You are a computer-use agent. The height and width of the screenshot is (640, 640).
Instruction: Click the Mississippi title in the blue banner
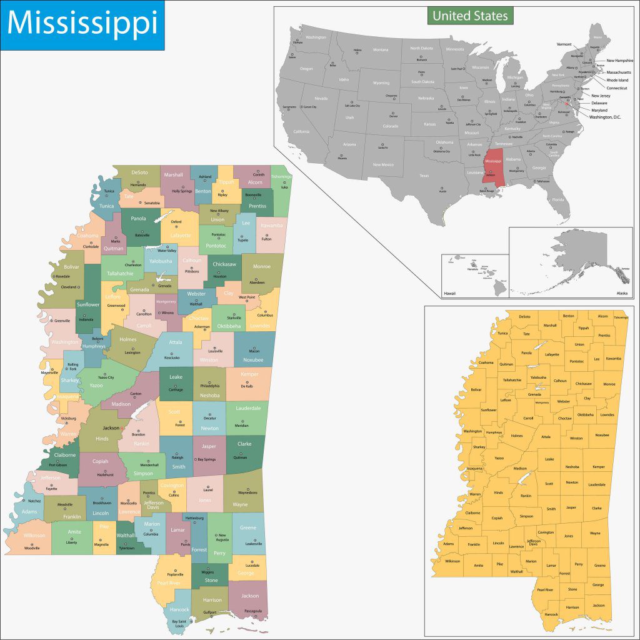[x=82, y=24]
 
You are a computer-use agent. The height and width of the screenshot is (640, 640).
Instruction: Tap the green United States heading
[x=470, y=16]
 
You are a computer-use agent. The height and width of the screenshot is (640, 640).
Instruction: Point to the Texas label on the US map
[x=424, y=176]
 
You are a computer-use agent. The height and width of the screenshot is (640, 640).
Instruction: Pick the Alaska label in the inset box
[x=622, y=292]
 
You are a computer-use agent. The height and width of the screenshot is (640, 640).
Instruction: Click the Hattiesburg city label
[x=194, y=518]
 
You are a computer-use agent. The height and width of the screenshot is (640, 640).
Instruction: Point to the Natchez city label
[x=34, y=501]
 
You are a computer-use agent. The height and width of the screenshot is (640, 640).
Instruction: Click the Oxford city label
[x=176, y=221]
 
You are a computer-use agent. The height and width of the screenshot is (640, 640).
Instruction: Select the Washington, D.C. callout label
[x=605, y=117]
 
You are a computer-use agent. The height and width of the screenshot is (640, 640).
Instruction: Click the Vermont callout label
[x=564, y=44]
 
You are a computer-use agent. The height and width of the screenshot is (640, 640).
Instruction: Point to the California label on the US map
[x=301, y=131]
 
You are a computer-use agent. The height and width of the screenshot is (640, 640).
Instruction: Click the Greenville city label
[x=62, y=321]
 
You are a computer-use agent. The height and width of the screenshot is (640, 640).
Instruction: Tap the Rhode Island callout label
[x=617, y=80]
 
